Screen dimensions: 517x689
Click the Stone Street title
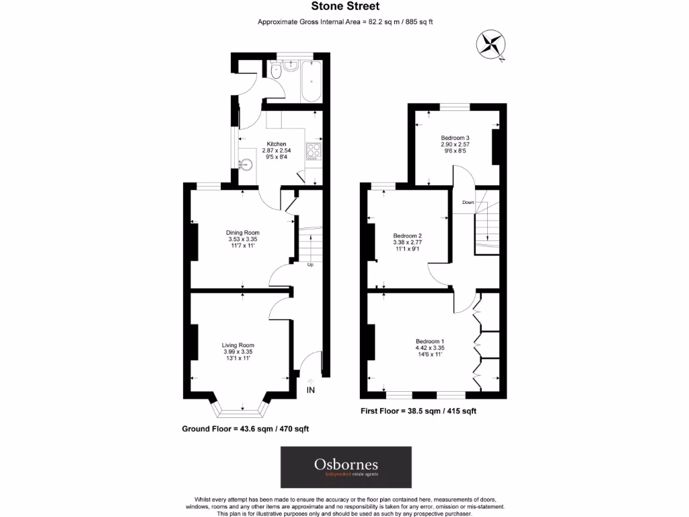(x=345, y=7)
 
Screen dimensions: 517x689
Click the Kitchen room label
(x=277, y=144)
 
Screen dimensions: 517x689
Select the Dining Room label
(x=242, y=233)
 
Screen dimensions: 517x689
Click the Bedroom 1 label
(x=429, y=341)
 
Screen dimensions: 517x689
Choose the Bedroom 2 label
(x=407, y=236)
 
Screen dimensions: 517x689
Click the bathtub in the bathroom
(x=311, y=81)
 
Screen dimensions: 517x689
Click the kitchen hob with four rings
(x=314, y=152)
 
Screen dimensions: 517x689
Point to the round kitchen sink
(x=246, y=164)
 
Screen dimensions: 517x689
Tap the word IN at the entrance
(x=311, y=390)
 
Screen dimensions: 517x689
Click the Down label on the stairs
(x=468, y=202)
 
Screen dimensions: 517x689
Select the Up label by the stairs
(x=310, y=265)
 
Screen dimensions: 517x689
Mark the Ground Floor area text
(x=246, y=429)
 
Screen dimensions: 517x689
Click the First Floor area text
(x=419, y=411)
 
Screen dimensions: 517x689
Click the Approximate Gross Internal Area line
(x=345, y=22)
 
